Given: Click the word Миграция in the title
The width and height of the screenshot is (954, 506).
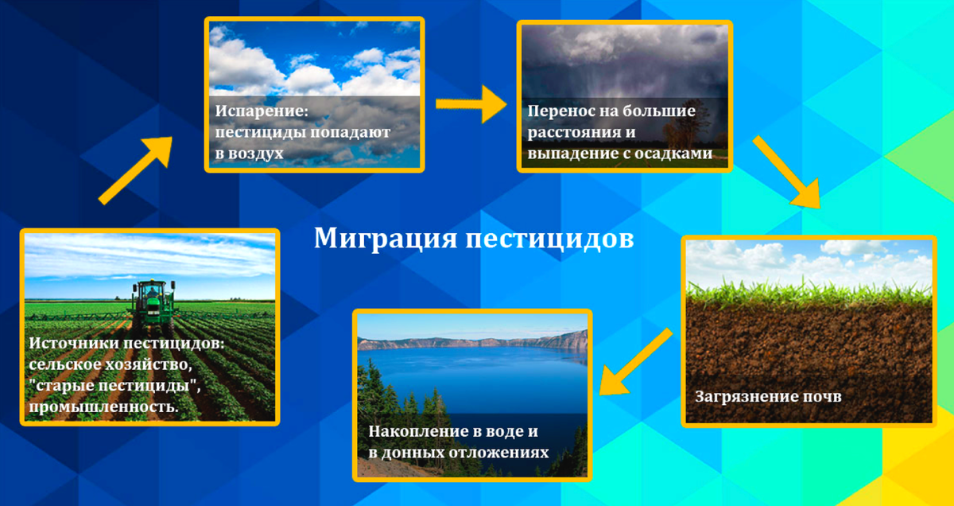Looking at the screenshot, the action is pyautogui.click(x=386, y=239).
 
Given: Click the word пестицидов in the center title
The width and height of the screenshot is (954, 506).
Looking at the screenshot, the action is pyautogui.click(x=550, y=239).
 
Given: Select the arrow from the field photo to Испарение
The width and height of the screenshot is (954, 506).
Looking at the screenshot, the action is pyautogui.click(x=135, y=170).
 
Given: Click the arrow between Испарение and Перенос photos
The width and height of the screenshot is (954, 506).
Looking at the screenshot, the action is pyautogui.click(x=471, y=104).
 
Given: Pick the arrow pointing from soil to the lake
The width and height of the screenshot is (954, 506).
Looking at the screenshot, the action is pyautogui.click(x=635, y=362).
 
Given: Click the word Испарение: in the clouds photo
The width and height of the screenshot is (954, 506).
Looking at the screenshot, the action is pyautogui.click(x=262, y=111).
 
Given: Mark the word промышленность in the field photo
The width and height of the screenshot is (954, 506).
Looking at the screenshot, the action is pyautogui.click(x=103, y=407).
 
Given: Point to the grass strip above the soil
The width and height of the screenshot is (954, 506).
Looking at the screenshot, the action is pyautogui.click(x=809, y=294).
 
